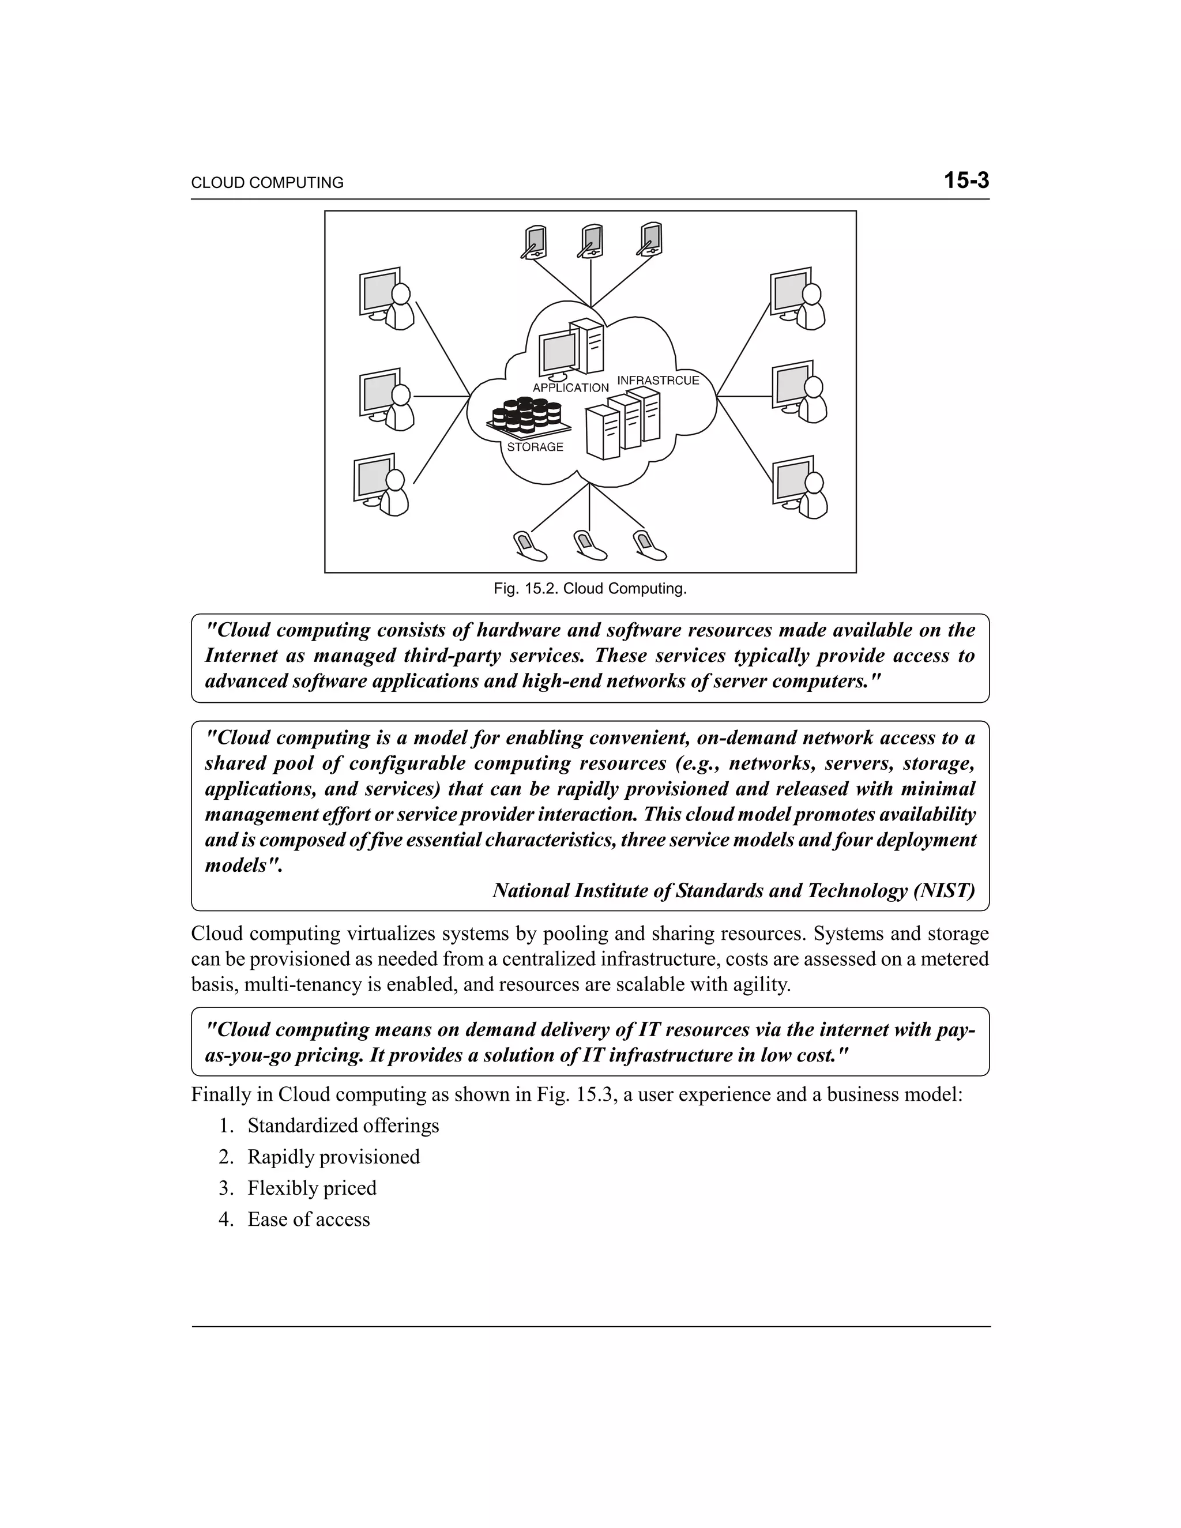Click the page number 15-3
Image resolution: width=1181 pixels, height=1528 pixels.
[x=966, y=180]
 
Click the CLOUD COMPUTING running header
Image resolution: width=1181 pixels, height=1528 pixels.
[x=267, y=183]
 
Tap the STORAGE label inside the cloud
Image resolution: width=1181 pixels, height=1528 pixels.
[x=535, y=447]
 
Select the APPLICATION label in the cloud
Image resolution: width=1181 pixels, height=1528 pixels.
[x=570, y=387]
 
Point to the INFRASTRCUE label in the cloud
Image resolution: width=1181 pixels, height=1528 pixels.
[x=657, y=381]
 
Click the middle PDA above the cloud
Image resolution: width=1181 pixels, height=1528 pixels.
[x=592, y=242]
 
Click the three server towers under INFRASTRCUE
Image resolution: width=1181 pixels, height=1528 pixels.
[x=623, y=423]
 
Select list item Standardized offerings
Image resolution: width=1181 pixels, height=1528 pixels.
[x=343, y=1126]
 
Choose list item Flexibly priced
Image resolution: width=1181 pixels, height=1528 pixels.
[x=311, y=1188]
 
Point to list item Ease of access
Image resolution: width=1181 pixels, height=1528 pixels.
[x=309, y=1220]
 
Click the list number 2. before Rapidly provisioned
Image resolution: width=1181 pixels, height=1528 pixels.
[x=225, y=1157]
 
